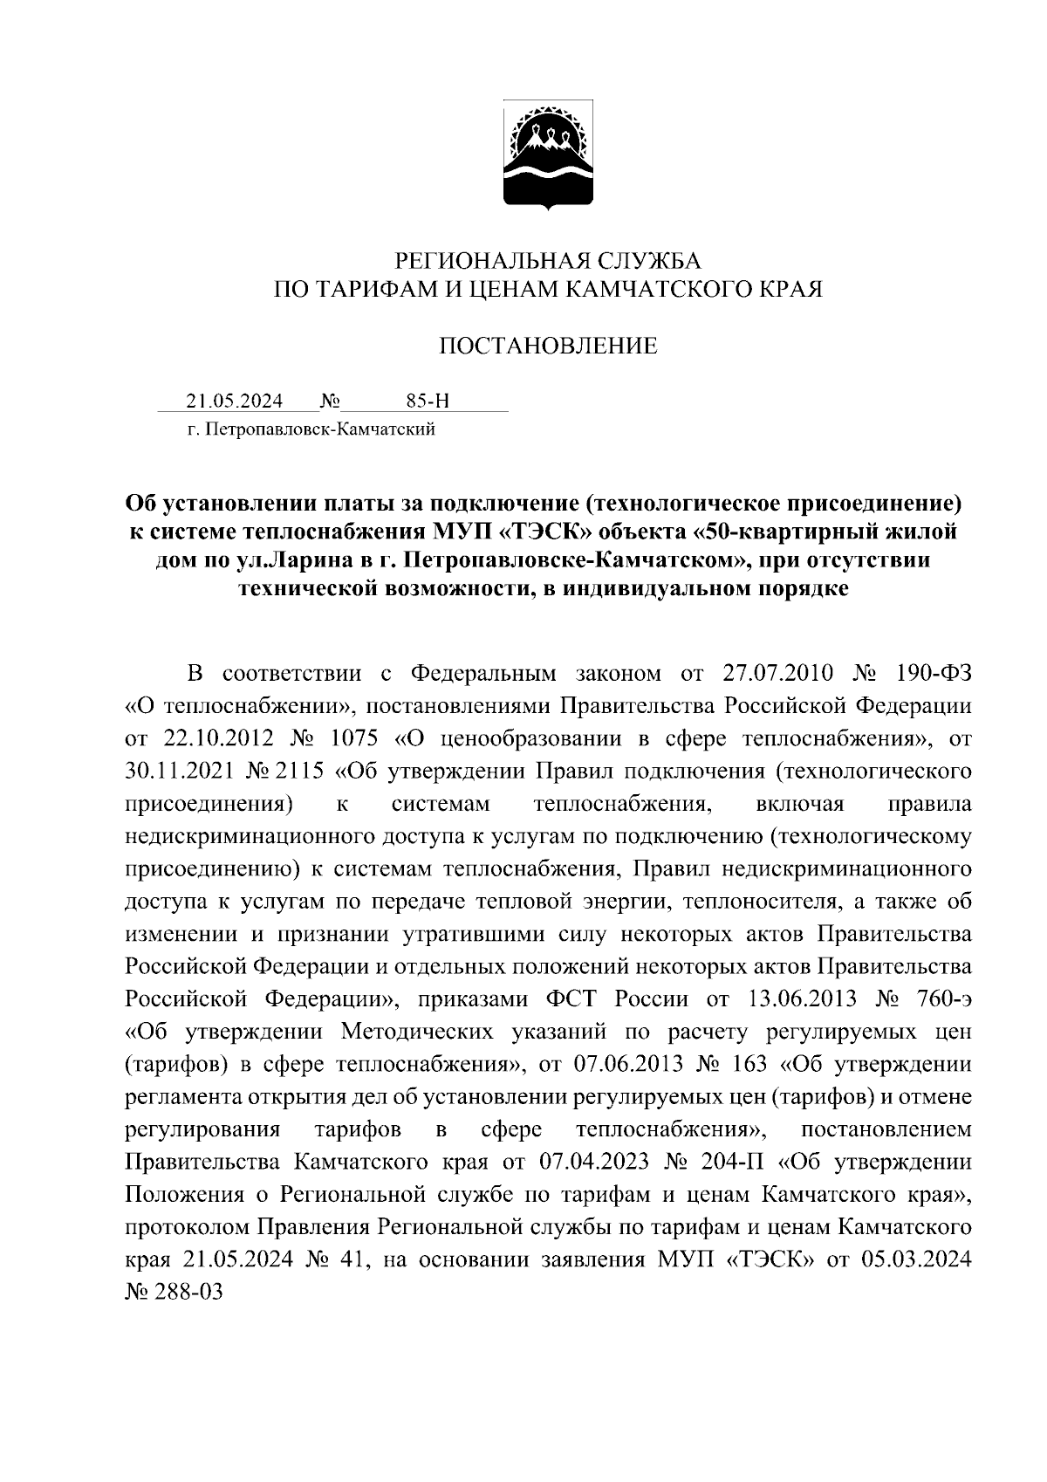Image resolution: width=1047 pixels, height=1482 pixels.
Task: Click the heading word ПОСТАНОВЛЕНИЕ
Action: (x=547, y=346)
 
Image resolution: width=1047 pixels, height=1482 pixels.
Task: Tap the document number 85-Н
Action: (x=428, y=401)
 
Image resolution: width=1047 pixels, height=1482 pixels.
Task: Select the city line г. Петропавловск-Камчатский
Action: (x=311, y=429)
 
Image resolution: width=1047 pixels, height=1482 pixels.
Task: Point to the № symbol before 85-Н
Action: (x=330, y=401)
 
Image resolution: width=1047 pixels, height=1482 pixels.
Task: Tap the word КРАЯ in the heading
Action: (x=788, y=289)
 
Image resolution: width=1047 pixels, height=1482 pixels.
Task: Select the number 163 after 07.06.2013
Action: (x=746, y=1064)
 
